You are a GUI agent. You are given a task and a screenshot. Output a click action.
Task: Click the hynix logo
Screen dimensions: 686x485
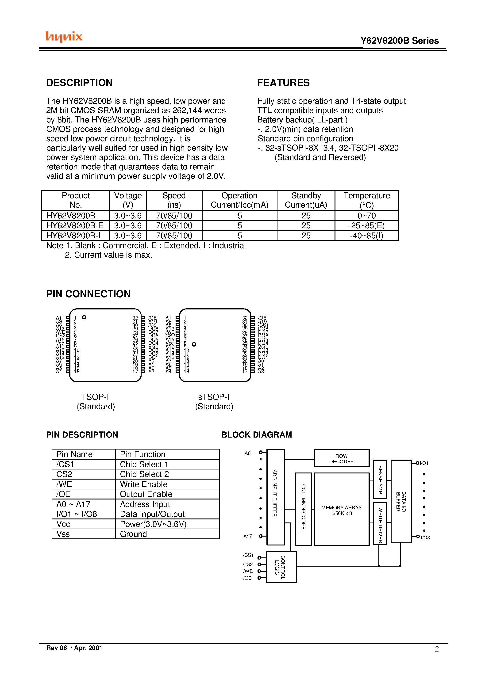[64, 36]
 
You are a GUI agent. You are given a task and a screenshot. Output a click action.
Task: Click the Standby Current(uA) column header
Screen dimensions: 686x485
[306, 200]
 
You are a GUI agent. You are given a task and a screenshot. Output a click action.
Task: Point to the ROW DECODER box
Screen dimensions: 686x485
[342, 459]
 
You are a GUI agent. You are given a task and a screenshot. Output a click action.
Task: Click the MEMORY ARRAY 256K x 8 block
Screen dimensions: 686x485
[342, 510]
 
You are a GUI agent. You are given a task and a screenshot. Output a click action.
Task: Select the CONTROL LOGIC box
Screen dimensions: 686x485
[281, 567]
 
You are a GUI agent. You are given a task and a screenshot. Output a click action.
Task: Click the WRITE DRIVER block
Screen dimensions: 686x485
[380, 524]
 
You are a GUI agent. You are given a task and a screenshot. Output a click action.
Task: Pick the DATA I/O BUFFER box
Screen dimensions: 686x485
[401, 501]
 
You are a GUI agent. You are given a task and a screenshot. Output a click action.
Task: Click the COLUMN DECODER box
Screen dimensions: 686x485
[304, 509]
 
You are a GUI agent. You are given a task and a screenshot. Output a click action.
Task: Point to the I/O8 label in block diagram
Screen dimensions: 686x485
[425, 538]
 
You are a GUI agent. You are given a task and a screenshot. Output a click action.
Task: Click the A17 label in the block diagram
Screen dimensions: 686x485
[248, 536]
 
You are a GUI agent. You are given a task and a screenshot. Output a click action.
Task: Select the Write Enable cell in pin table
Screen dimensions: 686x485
[143, 484]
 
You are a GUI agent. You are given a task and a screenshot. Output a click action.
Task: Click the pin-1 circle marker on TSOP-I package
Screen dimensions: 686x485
[84, 317]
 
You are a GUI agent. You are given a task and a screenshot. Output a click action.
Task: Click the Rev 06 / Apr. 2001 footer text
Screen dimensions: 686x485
[74, 648]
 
